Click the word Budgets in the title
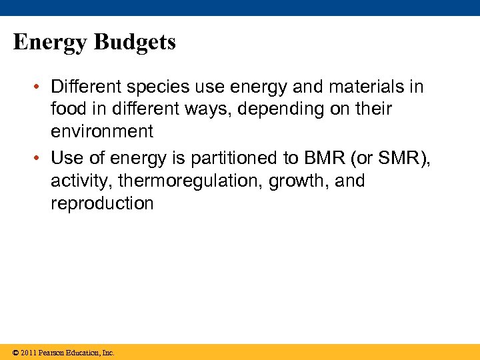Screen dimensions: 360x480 (135, 43)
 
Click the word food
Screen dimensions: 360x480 (70, 109)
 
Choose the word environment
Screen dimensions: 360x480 (102, 131)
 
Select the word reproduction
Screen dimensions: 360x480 (102, 203)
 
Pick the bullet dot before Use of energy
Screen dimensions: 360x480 (40, 159)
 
